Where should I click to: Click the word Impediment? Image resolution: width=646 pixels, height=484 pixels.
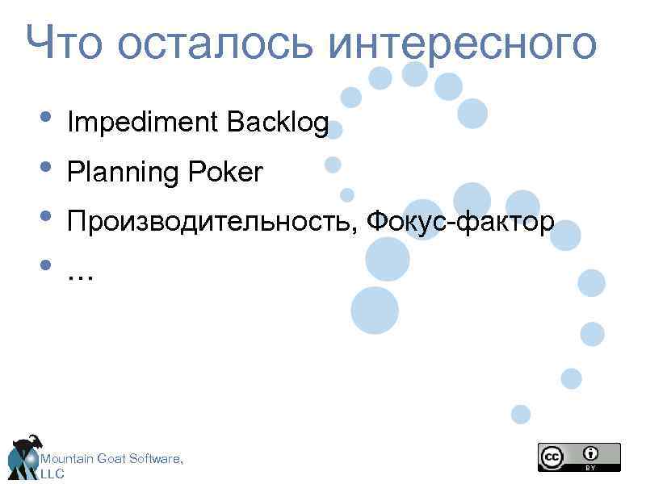[x=143, y=123]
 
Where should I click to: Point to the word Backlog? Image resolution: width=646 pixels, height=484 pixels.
[x=278, y=123]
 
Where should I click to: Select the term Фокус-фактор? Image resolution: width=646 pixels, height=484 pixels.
[x=459, y=221]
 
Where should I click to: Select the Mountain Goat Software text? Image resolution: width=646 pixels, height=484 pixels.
[x=112, y=459]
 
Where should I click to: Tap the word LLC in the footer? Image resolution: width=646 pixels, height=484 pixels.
[x=52, y=474]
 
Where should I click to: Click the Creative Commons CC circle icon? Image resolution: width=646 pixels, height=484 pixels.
[x=552, y=457]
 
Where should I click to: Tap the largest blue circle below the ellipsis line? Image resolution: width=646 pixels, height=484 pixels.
[x=375, y=311]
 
